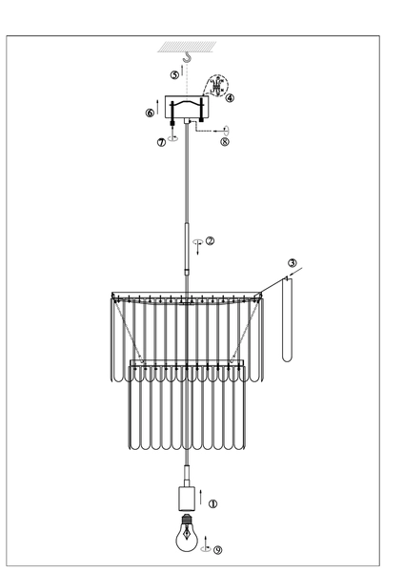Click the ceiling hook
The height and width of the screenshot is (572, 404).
pos(190,59)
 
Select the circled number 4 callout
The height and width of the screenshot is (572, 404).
pos(230,96)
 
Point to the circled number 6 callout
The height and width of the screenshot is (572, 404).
pos(150,112)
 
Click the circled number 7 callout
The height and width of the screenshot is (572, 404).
pos(163,142)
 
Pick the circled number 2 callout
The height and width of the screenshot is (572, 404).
pos(210,241)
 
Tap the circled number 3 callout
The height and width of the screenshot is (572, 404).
pos(293,263)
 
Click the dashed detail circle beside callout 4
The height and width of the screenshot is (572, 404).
pos(220,87)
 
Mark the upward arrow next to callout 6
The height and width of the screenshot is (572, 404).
pos(158,112)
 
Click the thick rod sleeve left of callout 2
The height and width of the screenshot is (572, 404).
pos(188,247)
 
